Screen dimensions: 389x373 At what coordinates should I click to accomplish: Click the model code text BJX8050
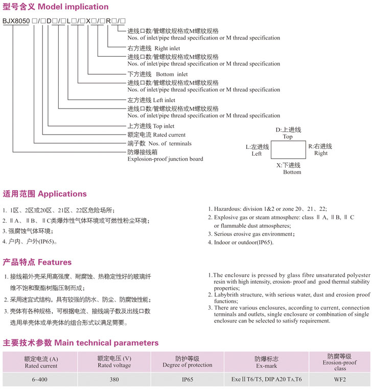[x=15, y=20]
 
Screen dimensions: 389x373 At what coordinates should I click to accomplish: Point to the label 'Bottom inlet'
[x=171, y=75]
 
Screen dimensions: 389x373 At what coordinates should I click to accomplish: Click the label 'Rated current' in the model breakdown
[x=169, y=135]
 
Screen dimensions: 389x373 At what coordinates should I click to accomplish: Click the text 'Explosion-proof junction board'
[x=165, y=159]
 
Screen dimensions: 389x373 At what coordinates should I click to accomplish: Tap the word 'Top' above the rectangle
[x=288, y=137]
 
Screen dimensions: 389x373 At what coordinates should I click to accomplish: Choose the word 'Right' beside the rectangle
[x=321, y=154]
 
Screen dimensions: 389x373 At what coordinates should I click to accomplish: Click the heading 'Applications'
[x=62, y=194]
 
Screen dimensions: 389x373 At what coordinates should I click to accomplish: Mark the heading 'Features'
[x=55, y=262]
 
